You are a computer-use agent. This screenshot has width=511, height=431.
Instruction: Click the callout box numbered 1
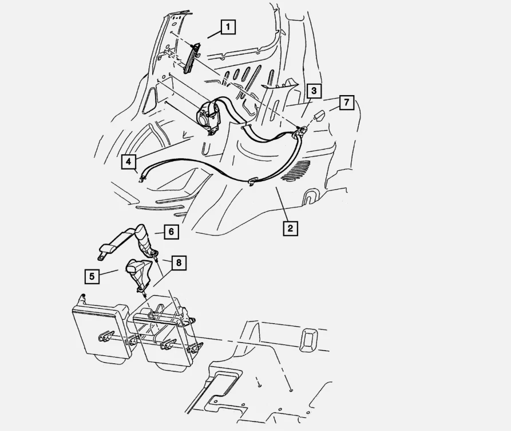(228, 27)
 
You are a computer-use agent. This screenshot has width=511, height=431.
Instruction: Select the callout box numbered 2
(290, 229)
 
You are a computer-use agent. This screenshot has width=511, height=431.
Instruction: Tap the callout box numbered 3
(314, 91)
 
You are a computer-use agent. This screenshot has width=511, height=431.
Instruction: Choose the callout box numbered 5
(91, 276)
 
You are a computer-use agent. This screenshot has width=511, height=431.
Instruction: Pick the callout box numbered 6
(171, 232)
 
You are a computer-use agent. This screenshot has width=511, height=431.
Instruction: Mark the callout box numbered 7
(346, 103)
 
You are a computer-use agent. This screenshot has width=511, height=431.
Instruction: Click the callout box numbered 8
(179, 263)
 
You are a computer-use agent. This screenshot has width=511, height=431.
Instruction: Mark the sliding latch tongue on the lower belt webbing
(252, 183)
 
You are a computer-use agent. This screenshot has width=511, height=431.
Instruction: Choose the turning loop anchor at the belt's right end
(300, 134)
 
